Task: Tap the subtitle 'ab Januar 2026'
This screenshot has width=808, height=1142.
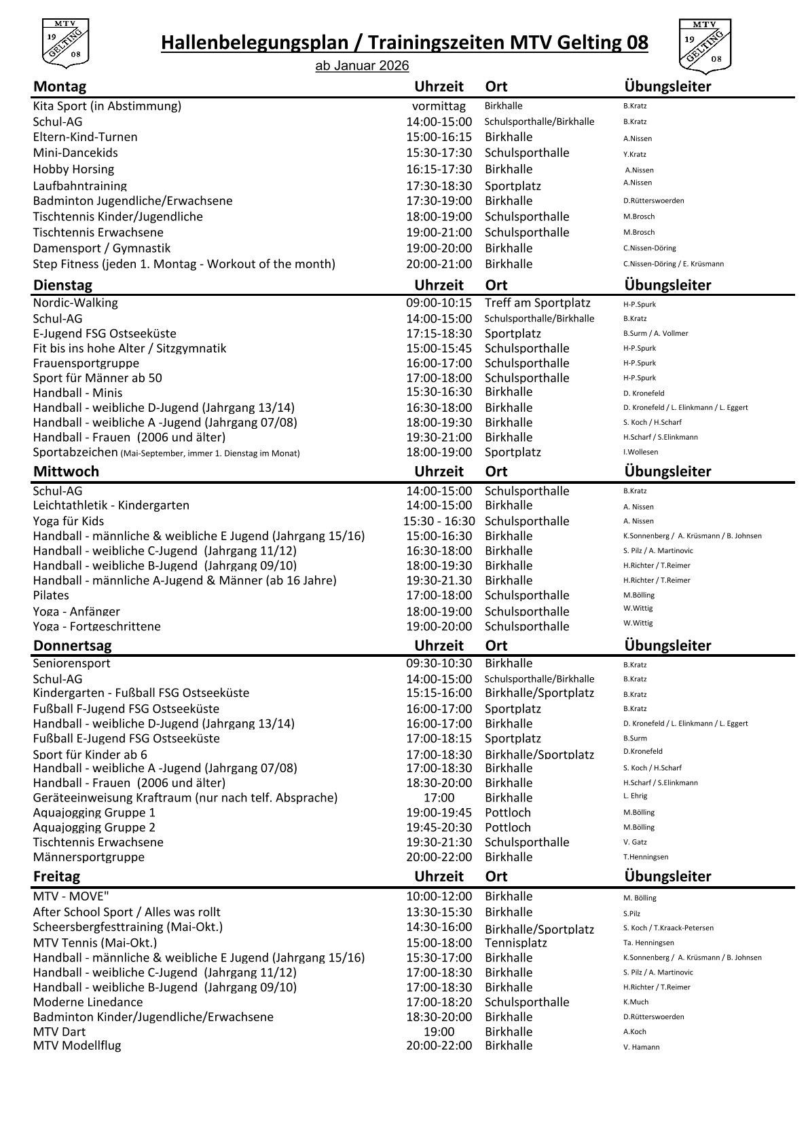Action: pyautogui.click(x=362, y=66)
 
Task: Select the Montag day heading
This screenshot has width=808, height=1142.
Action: pyautogui.click(x=60, y=87)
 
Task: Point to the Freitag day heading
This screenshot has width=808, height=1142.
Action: pyautogui.click(x=56, y=877)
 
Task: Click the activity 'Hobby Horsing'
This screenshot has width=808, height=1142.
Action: pyautogui.click(x=73, y=170)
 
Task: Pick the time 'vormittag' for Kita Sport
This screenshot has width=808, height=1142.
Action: pyautogui.click(x=439, y=107)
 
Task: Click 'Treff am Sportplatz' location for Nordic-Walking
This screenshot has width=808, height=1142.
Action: pyautogui.click(x=537, y=303)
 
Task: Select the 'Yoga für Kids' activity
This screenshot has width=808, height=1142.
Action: pyautogui.click(x=69, y=522)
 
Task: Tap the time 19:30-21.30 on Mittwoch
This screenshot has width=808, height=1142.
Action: pyautogui.click(x=439, y=581)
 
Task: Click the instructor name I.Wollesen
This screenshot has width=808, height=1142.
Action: pyautogui.click(x=640, y=453)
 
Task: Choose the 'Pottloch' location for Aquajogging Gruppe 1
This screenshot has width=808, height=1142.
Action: pyautogui.click(x=507, y=813)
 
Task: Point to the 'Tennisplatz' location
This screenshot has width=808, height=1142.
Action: pyautogui.click(x=515, y=943)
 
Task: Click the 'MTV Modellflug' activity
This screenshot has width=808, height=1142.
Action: pyautogui.click(x=77, y=1046)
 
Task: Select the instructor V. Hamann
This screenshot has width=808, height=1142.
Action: pyautogui.click(x=641, y=1047)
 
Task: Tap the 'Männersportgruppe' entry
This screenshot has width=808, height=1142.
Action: pyautogui.click(x=88, y=858)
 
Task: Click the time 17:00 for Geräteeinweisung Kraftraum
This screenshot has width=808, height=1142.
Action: pyautogui.click(x=439, y=798)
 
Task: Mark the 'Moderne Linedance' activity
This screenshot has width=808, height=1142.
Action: pyautogui.click(x=88, y=1002)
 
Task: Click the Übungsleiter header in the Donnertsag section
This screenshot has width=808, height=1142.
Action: pyautogui.click(x=667, y=646)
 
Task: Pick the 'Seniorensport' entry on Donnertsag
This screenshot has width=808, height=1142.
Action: pyautogui.click(x=71, y=664)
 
